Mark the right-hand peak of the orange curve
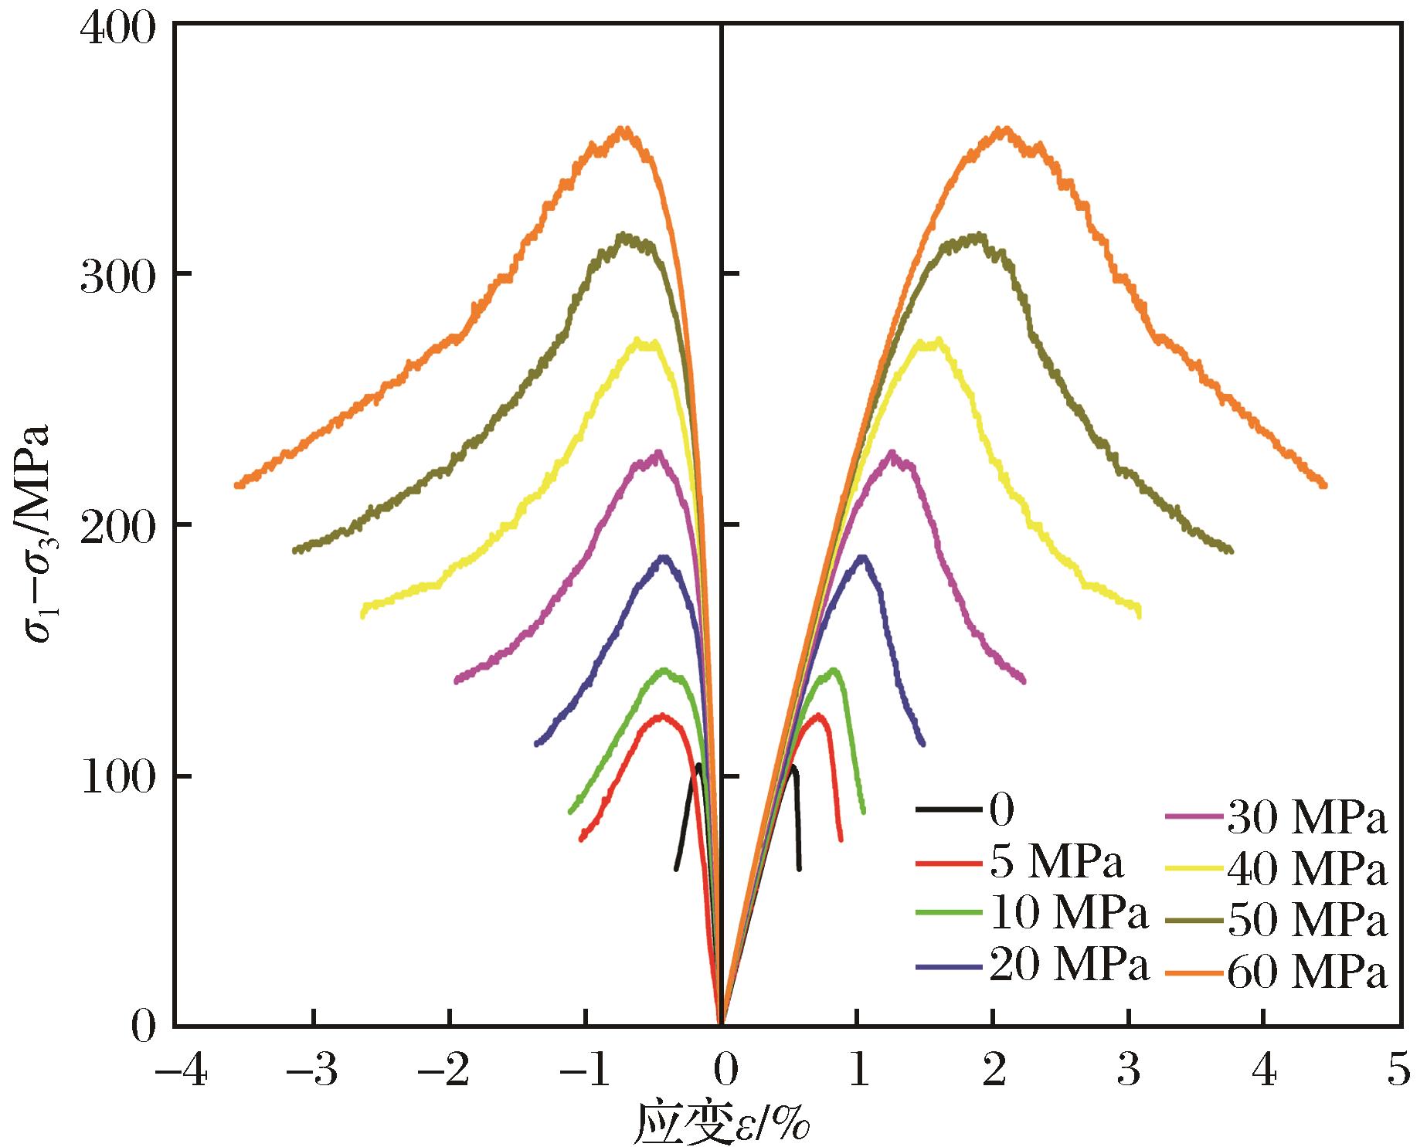(1004, 129)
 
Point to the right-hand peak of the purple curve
(892, 453)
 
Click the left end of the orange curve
(237, 485)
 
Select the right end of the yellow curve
(1139, 613)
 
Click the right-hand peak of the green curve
(834, 670)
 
